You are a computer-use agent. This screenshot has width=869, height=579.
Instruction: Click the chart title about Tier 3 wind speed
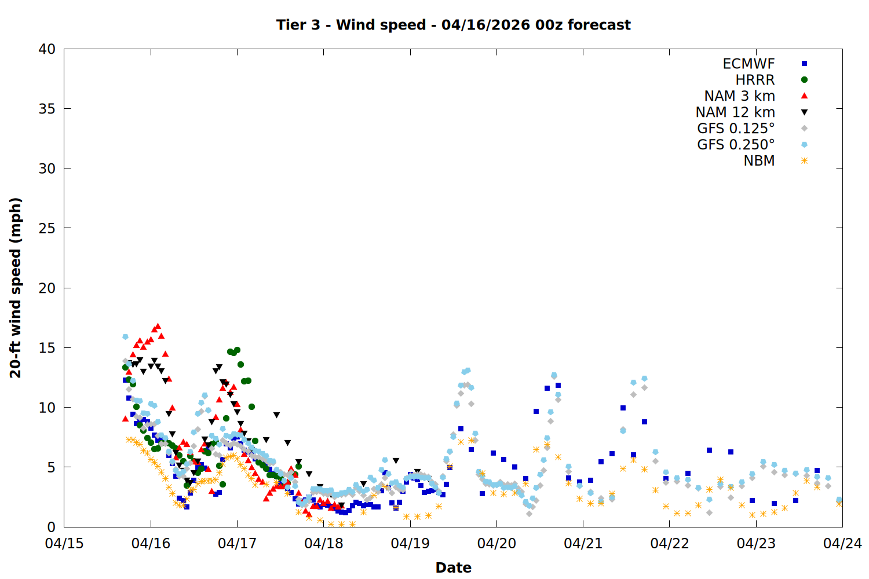point(453,25)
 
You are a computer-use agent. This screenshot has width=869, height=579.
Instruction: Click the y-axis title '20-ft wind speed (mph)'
point(16,288)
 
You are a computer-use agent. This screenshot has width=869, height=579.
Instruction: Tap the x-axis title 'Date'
point(453,567)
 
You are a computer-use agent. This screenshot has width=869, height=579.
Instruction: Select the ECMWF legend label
point(748,64)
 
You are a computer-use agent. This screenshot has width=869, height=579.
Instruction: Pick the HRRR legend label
point(755,80)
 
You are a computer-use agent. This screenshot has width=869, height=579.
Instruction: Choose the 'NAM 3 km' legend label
point(739,96)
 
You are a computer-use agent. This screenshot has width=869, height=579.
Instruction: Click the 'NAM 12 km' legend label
point(735,112)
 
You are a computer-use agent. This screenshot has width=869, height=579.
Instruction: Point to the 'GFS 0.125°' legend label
point(736,129)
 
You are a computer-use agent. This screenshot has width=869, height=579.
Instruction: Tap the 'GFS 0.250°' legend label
point(736,145)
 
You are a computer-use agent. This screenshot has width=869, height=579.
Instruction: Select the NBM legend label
point(759,161)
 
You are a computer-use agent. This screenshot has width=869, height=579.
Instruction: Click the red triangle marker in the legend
point(804,96)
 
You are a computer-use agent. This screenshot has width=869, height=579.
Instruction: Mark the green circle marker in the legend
point(804,80)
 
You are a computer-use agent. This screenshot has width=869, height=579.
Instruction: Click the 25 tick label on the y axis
point(47,228)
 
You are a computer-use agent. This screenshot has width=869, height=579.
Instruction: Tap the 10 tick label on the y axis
point(47,408)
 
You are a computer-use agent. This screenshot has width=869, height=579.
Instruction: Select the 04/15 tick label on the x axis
point(64,544)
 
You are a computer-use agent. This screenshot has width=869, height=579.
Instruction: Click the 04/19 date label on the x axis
point(410,544)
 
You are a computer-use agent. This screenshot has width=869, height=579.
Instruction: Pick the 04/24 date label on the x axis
point(842,544)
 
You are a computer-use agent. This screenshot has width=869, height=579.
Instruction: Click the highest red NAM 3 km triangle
point(158,327)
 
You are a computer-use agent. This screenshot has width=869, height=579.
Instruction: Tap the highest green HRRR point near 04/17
point(237,350)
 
